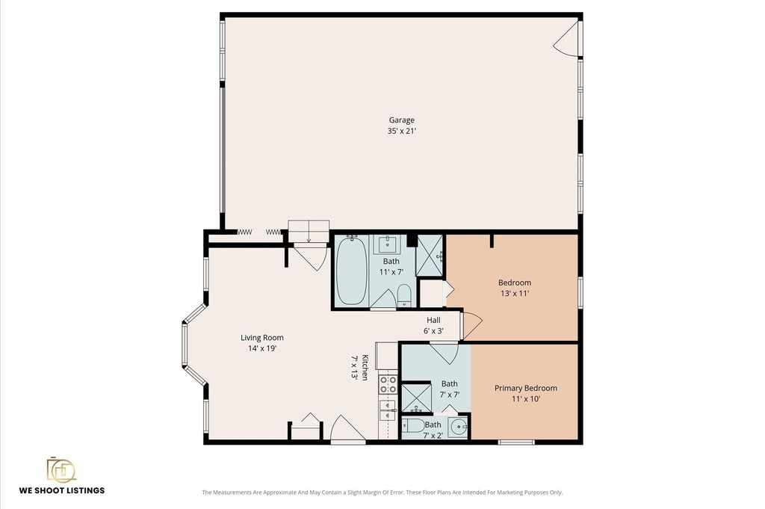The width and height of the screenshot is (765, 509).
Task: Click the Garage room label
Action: point(401,120)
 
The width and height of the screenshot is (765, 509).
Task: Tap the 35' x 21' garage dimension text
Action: point(401,131)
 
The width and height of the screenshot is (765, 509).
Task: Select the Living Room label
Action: point(262,337)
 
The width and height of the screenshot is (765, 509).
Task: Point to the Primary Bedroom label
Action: point(525,388)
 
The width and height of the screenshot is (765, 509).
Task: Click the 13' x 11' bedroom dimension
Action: point(515,293)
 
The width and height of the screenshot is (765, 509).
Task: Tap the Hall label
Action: point(433,320)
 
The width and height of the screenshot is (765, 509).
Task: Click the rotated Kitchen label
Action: point(365,368)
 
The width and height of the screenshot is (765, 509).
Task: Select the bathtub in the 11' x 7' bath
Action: point(351,271)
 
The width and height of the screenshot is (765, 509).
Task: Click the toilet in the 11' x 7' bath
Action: point(404,296)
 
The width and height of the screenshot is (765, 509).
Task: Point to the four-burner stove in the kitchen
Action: point(388,385)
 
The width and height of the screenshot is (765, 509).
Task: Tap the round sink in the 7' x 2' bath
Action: point(458,428)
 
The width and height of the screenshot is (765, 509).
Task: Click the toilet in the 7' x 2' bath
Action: point(413,425)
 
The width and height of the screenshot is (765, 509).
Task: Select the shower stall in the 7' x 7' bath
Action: point(416,398)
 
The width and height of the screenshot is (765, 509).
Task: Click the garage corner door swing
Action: point(566,39)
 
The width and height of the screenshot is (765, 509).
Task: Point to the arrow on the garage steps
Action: point(309,236)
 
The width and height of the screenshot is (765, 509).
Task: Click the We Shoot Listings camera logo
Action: point(61,470)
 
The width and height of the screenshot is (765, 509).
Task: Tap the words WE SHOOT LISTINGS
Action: point(62,490)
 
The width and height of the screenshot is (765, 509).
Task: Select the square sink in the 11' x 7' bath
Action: point(388,244)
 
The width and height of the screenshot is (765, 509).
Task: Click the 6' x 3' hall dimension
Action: point(433,331)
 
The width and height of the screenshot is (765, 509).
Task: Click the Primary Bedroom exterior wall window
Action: point(517,442)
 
